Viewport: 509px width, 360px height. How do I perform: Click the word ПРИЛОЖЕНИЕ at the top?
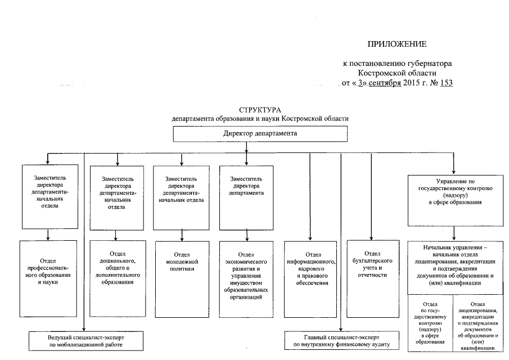pyautogui.click(x=397, y=44)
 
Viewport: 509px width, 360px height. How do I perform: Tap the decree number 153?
pyautogui.click(x=445, y=83)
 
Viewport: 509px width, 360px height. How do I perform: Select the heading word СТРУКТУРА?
pyautogui.click(x=260, y=110)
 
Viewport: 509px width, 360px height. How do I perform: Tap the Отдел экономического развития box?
pyautogui.click(x=246, y=270)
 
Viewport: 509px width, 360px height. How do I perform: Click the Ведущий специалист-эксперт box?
pyautogui.click(x=85, y=340)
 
